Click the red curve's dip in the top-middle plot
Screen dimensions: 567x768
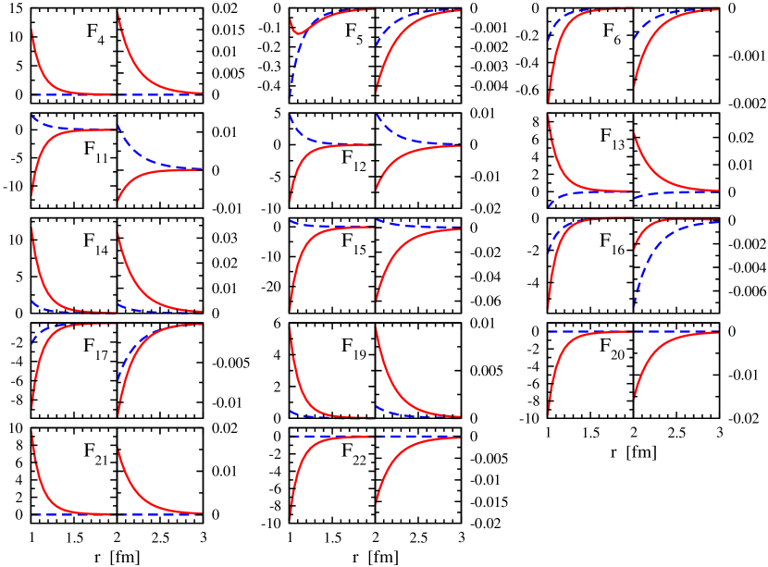[298, 32]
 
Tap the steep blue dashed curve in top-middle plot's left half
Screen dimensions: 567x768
[291, 83]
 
